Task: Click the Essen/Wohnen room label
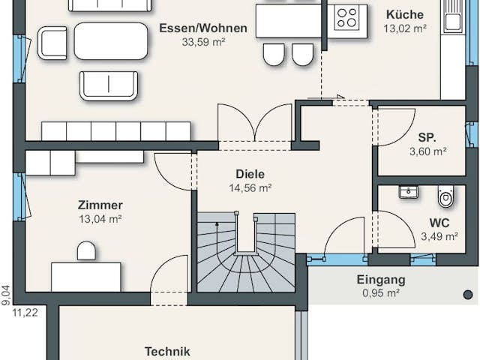click(202, 28)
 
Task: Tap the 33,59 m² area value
click(202, 42)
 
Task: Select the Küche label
click(404, 15)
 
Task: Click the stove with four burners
click(347, 17)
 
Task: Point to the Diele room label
click(250, 174)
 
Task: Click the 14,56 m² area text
click(250, 188)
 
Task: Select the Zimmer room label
click(100, 205)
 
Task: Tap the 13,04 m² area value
click(100, 219)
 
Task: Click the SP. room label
click(427, 137)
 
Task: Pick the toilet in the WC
click(446, 197)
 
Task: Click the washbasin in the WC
click(409, 192)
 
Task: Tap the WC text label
click(439, 223)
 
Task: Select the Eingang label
click(380, 280)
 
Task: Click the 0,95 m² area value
click(380, 293)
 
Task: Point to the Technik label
click(167, 351)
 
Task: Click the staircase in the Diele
click(246, 255)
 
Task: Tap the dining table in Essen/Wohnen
click(110, 41)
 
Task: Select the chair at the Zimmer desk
click(87, 250)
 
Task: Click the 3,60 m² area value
click(427, 151)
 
